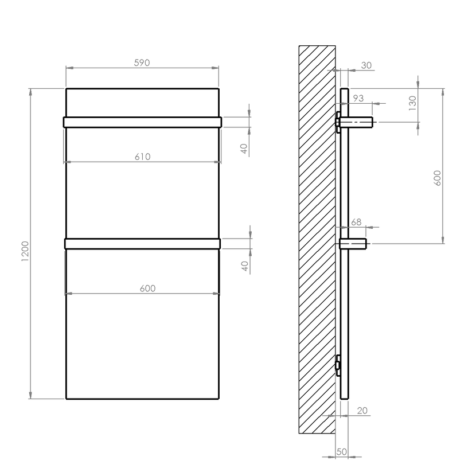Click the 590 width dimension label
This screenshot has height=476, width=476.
tap(142, 63)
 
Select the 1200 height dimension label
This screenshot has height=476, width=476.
tap(25, 251)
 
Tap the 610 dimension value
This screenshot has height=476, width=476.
tap(142, 157)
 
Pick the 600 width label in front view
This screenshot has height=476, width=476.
tap(147, 288)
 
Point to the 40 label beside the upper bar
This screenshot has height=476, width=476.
tap(244, 149)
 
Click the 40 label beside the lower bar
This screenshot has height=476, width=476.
tap(245, 266)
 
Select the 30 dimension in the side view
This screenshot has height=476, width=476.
tap(366, 65)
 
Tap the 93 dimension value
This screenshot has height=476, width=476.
tap(358, 98)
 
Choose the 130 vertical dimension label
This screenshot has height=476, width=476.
tap(412, 103)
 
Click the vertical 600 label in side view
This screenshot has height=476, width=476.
tap(437, 178)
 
